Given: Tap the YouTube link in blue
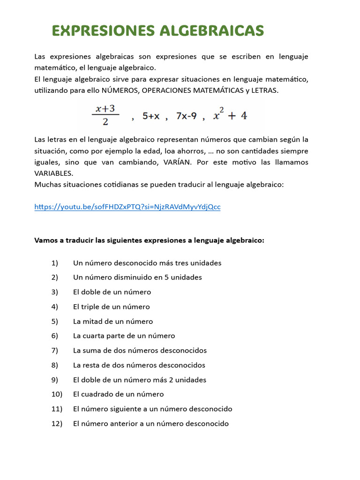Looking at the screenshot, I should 127,207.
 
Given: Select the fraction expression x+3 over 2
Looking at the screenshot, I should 105,115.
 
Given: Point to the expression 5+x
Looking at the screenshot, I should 151,116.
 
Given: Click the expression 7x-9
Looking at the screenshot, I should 186,116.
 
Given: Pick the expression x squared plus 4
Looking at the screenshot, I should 230,115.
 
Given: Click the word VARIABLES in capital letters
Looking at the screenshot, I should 53,173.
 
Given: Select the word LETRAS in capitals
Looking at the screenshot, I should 265,90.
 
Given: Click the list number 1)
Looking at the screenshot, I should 55,263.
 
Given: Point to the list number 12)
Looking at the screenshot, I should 57,424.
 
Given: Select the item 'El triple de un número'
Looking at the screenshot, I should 112,307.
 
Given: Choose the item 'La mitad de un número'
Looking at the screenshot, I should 113,322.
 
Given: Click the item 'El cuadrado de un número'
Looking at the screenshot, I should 119,395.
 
